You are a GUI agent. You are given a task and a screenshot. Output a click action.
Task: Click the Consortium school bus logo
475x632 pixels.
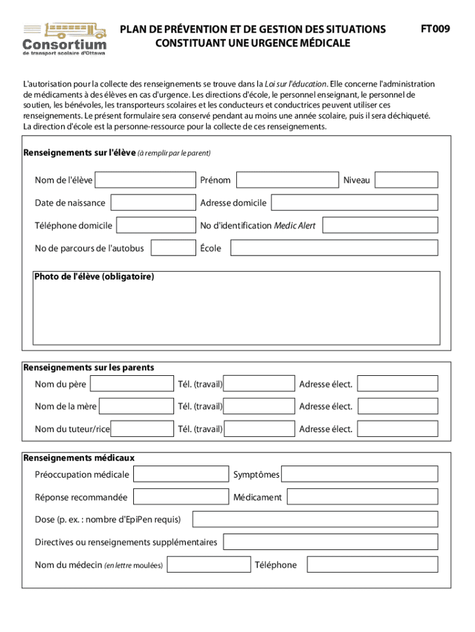[x=64, y=38]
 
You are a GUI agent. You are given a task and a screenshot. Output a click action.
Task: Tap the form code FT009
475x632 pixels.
[x=435, y=29]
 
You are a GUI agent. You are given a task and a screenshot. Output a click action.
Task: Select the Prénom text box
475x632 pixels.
[x=287, y=180]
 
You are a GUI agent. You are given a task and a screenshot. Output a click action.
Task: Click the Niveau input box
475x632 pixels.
[x=406, y=180]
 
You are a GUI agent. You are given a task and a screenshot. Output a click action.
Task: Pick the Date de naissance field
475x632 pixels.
[x=152, y=202]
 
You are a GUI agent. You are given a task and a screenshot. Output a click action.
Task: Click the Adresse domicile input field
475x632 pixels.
[x=354, y=202]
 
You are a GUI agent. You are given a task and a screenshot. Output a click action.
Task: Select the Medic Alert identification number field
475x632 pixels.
[x=379, y=225]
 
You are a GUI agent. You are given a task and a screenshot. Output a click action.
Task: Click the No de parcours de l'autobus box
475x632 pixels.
[x=173, y=248]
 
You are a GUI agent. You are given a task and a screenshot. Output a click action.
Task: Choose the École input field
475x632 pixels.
[x=334, y=248]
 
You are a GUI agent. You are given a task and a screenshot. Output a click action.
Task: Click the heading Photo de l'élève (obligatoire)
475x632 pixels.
[x=94, y=277]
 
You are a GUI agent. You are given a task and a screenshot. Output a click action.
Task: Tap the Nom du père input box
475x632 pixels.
[x=132, y=384]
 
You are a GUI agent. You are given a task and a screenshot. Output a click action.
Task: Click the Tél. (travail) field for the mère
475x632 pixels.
[x=259, y=406]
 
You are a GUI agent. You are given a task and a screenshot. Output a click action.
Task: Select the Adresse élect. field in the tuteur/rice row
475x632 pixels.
[x=397, y=429]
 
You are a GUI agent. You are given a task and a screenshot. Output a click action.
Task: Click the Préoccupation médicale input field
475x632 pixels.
[x=181, y=474]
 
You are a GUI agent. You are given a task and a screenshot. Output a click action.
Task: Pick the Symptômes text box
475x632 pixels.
[x=360, y=474]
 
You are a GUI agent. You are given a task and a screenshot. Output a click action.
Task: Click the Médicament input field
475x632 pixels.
[x=362, y=497]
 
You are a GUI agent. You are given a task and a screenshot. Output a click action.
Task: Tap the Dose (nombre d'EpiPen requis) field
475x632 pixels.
[x=315, y=519]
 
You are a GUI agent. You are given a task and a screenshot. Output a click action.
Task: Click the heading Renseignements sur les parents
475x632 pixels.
[x=89, y=368]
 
